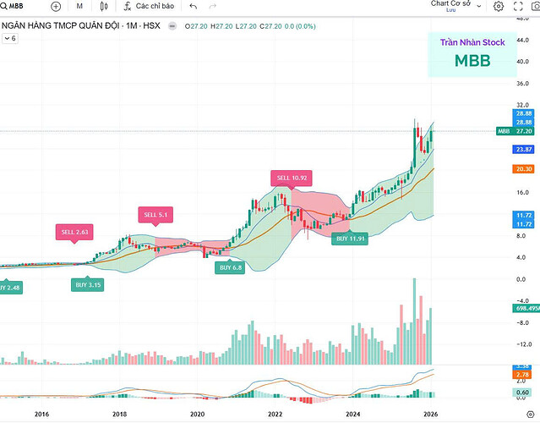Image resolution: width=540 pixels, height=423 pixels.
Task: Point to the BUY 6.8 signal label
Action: (x=232, y=267)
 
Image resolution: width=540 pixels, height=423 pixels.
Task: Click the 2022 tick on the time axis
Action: (x=275, y=414)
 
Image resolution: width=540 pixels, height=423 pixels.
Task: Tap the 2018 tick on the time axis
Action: (x=119, y=414)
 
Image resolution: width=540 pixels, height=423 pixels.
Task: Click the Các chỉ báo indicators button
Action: (x=149, y=6)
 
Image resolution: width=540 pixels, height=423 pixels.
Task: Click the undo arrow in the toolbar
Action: (x=193, y=6)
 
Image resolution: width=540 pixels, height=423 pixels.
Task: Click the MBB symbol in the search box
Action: (x=17, y=6)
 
